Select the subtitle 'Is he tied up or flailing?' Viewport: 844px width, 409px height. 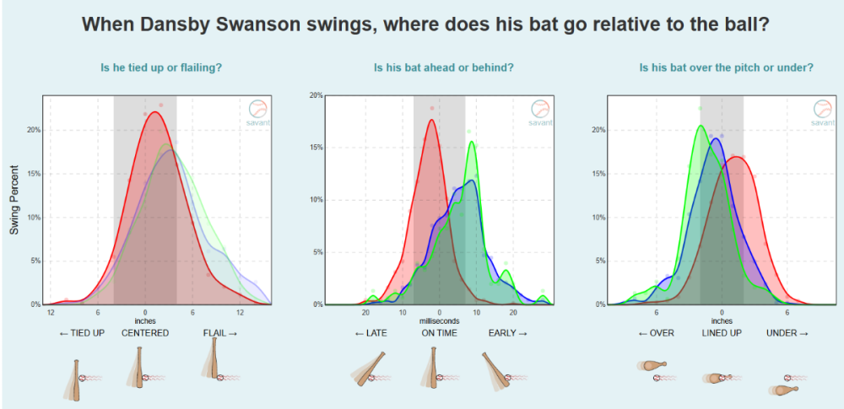[x=162, y=68]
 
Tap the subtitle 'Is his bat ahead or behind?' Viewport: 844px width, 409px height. [x=444, y=68]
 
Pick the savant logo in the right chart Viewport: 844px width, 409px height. [x=822, y=113]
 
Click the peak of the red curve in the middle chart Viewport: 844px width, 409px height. [x=431, y=120]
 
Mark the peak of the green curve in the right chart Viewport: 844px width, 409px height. [x=701, y=126]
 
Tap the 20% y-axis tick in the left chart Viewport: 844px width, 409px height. [x=32, y=130]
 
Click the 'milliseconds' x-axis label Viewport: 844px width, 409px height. [x=439, y=321]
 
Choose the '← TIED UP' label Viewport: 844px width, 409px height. [x=84, y=333]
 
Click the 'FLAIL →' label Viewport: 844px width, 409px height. [x=220, y=333]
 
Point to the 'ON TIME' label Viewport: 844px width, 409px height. [x=439, y=333]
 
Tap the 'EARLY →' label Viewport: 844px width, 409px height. [x=507, y=333]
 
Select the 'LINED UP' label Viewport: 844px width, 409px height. [x=722, y=333]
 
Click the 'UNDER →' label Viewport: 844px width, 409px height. [x=787, y=333]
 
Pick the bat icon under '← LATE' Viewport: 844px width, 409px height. [x=369, y=369]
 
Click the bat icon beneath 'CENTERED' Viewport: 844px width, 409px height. [x=138, y=368]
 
